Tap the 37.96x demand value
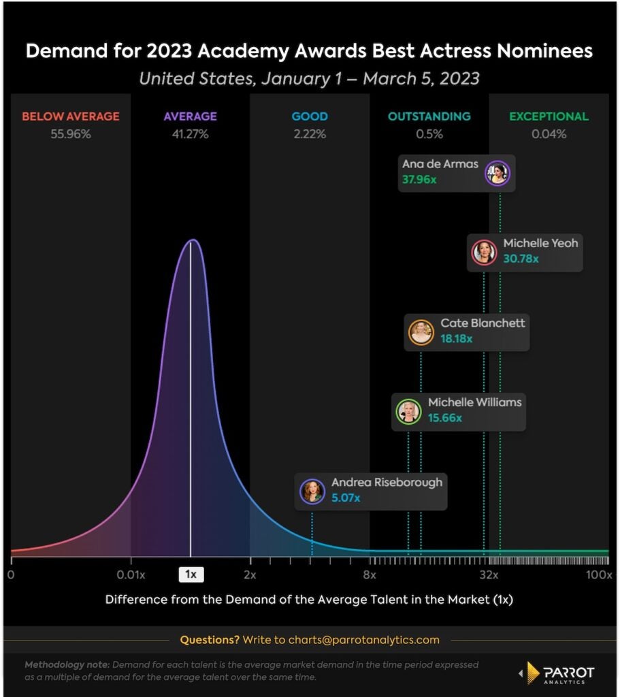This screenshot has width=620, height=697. [x=419, y=182]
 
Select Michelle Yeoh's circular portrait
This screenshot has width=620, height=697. [x=485, y=252]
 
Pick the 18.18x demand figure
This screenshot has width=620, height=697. [x=457, y=338]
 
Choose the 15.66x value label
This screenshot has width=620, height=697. [x=444, y=418]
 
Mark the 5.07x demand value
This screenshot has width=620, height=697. [x=346, y=498]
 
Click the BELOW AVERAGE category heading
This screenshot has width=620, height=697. [x=71, y=116]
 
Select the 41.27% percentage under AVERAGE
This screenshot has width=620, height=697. [x=190, y=134]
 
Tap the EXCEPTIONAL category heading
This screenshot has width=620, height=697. [x=549, y=116]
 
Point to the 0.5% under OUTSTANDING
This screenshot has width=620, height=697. [x=429, y=134]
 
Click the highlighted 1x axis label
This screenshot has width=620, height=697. [x=191, y=575]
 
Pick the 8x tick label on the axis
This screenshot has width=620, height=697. [x=370, y=575]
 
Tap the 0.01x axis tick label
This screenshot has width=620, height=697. [x=131, y=575]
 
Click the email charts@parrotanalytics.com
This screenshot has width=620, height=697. [x=363, y=640]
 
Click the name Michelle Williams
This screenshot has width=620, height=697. [x=474, y=402]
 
